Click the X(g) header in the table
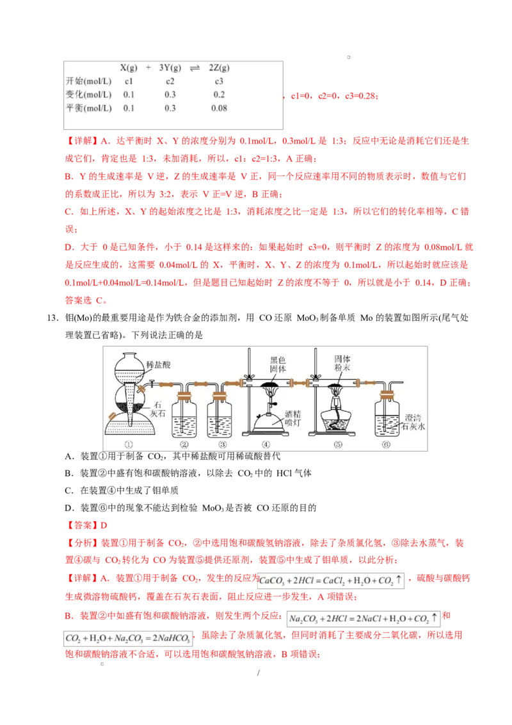pyautogui.click(x=129, y=68)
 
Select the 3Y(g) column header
pyautogui.click(x=170, y=68)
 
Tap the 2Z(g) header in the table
pyautogui.click(x=219, y=68)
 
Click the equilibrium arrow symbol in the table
pyautogui.click(x=195, y=68)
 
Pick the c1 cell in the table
pyautogui.click(x=129, y=81)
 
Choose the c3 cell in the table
pyautogui.click(x=219, y=81)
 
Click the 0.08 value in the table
pyautogui.click(x=219, y=108)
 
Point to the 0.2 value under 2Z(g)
pyautogui.click(x=219, y=95)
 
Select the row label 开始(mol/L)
pyautogui.click(x=88, y=81)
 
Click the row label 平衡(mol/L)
pyautogui.click(x=88, y=108)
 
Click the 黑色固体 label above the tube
pyautogui.click(x=278, y=364)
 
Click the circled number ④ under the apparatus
pyautogui.click(x=266, y=444)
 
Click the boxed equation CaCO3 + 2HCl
pyautogui.click(x=330, y=582)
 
